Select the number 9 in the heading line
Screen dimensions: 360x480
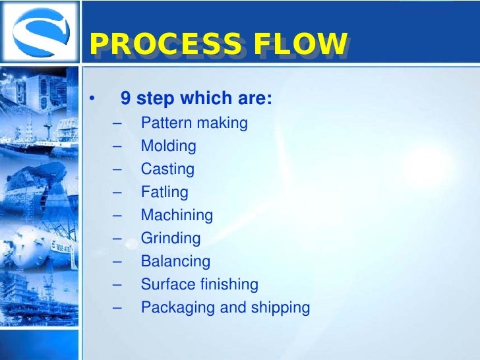point(125,100)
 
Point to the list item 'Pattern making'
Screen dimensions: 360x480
point(194,123)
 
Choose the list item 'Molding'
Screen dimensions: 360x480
point(168,146)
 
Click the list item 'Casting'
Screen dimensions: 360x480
point(167,169)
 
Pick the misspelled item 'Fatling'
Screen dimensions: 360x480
point(164,193)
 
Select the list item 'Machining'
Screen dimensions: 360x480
point(177,215)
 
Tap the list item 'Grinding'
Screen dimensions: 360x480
point(170,239)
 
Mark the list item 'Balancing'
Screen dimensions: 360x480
point(175,261)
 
